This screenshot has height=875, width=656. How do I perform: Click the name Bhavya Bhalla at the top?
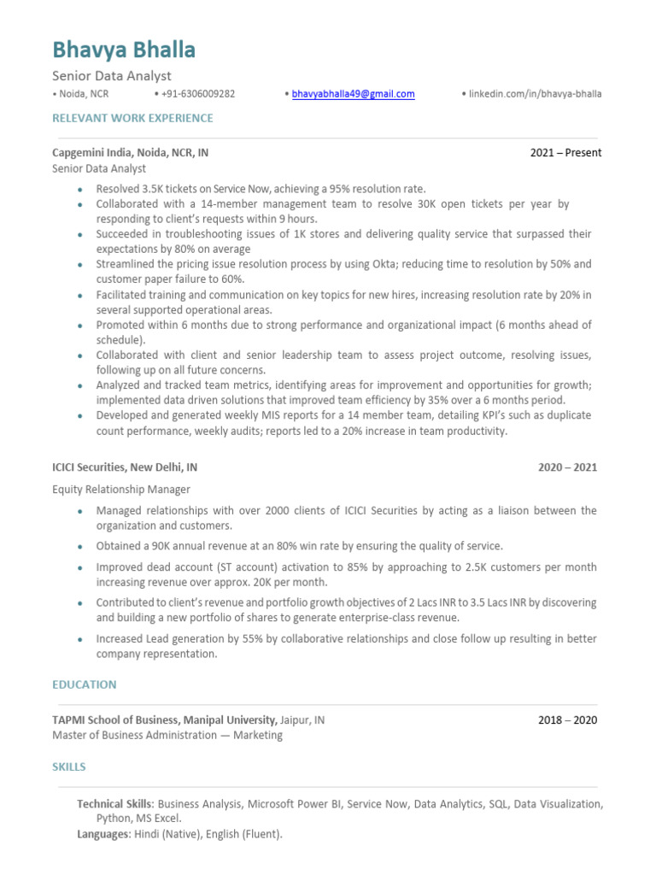pyautogui.click(x=124, y=50)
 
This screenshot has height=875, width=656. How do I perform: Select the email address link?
pyautogui.click(x=353, y=94)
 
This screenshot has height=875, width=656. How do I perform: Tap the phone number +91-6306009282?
pyautogui.click(x=197, y=94)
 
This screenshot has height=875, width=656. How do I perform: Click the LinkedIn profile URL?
pyautogui.click(x=535, y=94)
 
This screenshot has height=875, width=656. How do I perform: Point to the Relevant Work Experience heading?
pyautogui.click(x=132, y=118)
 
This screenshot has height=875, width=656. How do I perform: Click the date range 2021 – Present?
pyautogui.click(x=565, y=153)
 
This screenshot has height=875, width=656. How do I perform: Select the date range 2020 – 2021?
pyautogui.click(x=567, y=467)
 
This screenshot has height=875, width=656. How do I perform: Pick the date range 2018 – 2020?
pyautogui.click(x=567, y=719)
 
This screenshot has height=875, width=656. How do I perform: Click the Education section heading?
pyautogui.click(x=84, y=684)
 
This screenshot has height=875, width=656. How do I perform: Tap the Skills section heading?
pyautogui.click(x=69, y=766)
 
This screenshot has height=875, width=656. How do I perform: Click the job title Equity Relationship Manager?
pyautogui.click(x=121, y=490)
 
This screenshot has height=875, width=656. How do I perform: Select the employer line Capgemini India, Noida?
pyautogui.click(x=130, y=153)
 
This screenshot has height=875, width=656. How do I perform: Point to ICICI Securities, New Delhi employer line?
pyautogui.click(x=125, y=467)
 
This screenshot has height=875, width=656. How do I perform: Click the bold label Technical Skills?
pyautogui.click(x=114, y=804)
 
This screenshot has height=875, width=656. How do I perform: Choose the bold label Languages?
pyautogui.click(x=102, y=834)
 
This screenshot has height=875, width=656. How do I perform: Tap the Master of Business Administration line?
pyautogui.click(x=167, y=735)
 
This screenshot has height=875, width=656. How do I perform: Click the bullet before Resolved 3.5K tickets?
pyautogui.click(x=79, y=190)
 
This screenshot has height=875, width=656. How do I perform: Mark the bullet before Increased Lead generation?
pyautogui.click(x=79, y=640)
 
